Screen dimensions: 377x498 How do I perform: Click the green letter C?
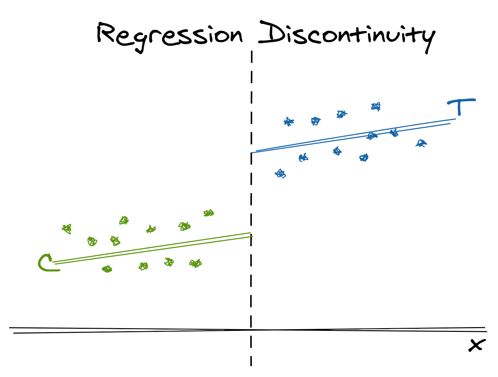pos(46,263)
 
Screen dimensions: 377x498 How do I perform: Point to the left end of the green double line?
pos(54,263)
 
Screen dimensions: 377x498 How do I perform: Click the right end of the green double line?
pos(252,234)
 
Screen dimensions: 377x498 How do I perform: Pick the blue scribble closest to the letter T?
pos(421,143)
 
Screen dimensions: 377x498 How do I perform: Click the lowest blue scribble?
pos(280,174)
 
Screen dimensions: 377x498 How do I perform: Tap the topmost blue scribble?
pos(376,107)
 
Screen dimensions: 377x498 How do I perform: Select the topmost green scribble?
pos(208,213)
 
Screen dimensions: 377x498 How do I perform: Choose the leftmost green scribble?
pos(67,229)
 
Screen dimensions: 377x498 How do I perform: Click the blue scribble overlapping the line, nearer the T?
pos(394,133)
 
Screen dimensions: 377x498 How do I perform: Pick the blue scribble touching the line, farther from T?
pos(372,136)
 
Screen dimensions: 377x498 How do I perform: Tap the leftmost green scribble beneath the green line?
pos(107,269)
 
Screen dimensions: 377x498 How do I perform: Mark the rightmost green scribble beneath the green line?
pos(196,263)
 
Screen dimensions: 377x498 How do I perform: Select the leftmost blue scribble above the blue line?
pos(289,121)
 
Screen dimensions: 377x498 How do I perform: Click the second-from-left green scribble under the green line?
pos(143,266)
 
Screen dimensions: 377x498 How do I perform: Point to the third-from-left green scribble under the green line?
pos(169,262)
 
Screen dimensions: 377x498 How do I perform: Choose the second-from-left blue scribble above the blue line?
pos(316,121)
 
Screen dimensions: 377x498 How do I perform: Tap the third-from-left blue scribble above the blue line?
pos(341,114)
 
